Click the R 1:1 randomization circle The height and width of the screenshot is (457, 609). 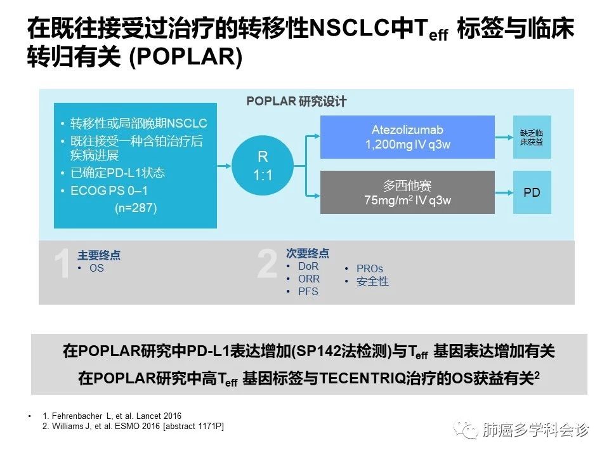coord(263,165)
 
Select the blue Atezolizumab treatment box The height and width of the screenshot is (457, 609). coord(407,137)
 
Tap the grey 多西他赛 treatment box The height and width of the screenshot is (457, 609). coord(407,192)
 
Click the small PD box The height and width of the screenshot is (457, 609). coord(532,192)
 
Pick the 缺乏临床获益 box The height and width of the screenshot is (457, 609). coord(532,137)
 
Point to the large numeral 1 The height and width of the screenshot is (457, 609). coord(62,264)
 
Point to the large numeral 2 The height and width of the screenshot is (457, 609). coord(267,264)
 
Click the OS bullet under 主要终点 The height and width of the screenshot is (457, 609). coord(96,268)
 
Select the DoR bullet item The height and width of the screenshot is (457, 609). coord(308,267)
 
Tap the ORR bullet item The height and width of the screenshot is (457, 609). coord(309,279)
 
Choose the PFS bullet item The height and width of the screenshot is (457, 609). coord(308,292)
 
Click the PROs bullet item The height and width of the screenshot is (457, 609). coord(369,269)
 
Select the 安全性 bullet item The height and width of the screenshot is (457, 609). coord(372,282)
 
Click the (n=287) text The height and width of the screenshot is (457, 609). coord(135,208)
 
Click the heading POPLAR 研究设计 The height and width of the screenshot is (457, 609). coord(296,102)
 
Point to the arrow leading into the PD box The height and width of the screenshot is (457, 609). coord(503,192)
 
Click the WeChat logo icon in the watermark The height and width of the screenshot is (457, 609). coord(470,431)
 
